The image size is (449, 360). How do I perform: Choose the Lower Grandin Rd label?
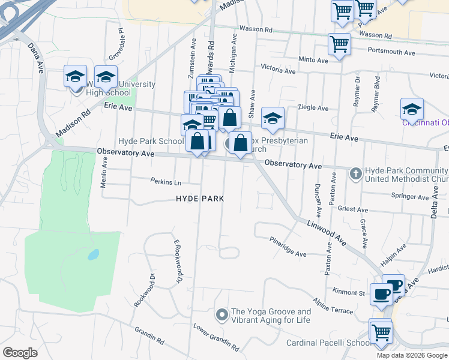click(215, 338)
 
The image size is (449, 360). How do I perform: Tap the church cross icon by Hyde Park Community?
click(355, 174)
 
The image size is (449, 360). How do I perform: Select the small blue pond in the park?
click(92, 255)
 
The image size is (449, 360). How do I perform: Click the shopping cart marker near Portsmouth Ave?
click(339, 44)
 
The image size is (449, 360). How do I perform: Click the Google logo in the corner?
click(20, 353)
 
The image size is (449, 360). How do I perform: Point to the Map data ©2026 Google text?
click(412, 355)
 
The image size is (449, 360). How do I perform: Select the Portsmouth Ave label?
click(391, 52)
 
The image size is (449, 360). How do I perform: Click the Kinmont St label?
click(354, 293)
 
